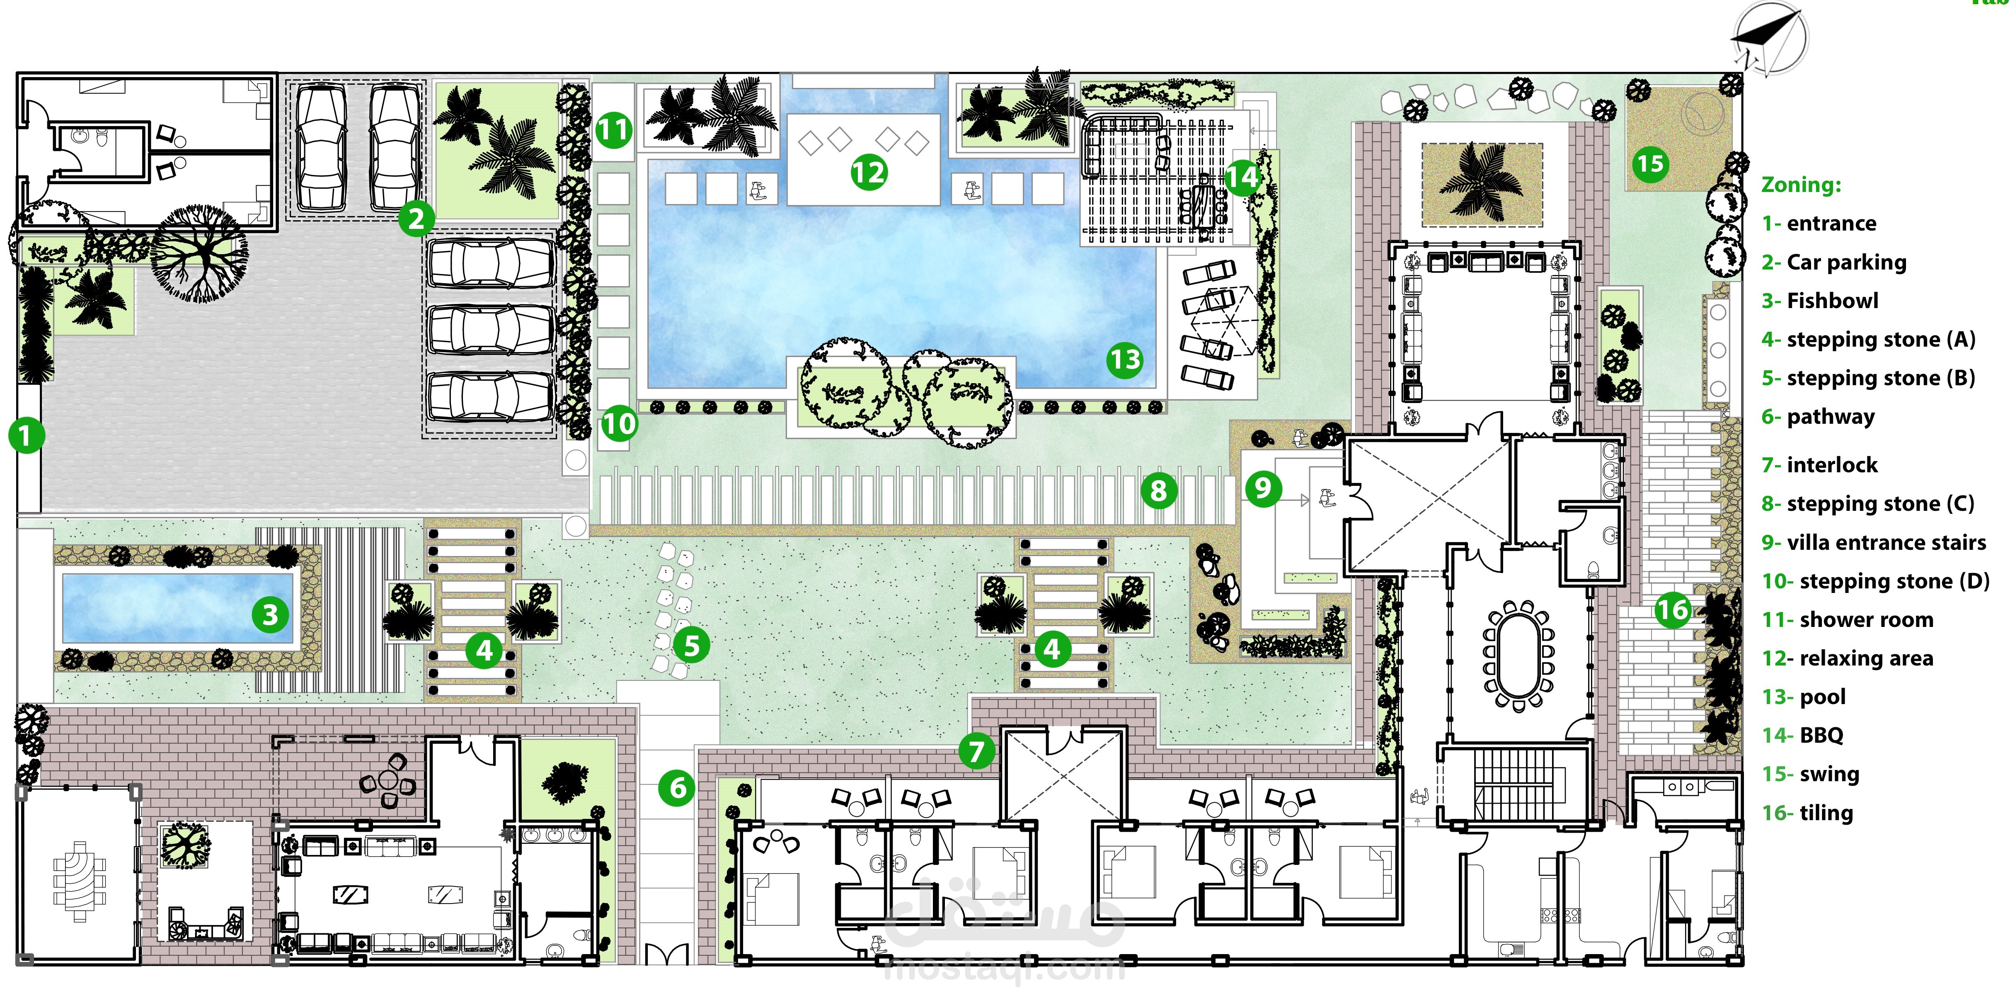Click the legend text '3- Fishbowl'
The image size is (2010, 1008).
(x=1820, y=301)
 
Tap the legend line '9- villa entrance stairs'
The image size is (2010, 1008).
(x=1874, y=542)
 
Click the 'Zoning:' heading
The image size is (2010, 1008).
(x=1801, y=185)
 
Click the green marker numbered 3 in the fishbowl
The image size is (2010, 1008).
(x=270, y=615)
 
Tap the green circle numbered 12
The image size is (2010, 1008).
(x=869, y=172)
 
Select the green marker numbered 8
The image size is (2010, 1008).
(x=1159, y=491)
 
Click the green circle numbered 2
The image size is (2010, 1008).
(x=416, y=219)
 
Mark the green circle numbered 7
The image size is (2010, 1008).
(x=976, y=751)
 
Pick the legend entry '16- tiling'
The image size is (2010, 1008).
(x=1807, y=813)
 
